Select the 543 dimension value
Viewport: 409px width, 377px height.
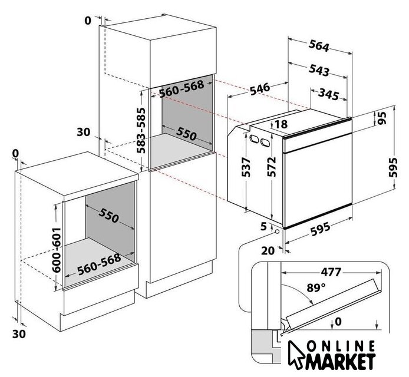[318, 71]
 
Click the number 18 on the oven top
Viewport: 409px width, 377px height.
[281, 124]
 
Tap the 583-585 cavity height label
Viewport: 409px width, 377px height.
[141, 130]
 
